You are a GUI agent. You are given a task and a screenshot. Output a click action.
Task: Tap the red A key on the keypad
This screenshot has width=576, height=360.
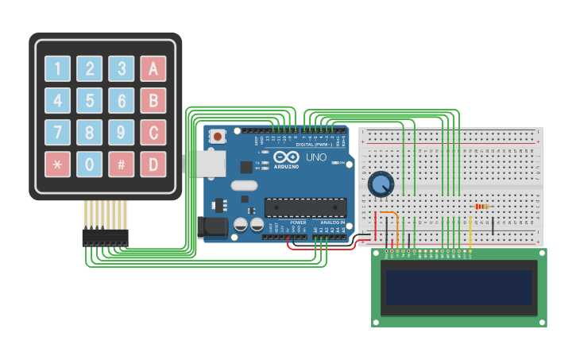153,68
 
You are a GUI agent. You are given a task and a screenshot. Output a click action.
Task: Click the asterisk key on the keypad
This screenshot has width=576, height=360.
57,164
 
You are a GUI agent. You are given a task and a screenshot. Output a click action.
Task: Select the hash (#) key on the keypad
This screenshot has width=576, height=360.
121,164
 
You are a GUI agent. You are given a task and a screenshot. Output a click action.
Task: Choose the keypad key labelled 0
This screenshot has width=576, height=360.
89,164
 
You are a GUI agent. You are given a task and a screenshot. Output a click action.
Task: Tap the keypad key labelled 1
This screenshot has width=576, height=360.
57,68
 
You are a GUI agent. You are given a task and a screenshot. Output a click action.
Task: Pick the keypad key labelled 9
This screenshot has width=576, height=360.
121,132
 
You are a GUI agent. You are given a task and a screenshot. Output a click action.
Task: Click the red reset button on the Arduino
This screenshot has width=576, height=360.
217,137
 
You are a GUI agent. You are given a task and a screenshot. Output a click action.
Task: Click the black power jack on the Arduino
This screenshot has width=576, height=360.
215,227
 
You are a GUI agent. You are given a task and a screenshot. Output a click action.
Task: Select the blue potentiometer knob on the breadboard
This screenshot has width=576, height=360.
381,184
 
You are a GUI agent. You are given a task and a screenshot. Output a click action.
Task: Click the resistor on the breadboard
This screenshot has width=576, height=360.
482,207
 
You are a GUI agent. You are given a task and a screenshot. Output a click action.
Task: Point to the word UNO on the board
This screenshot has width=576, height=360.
316,157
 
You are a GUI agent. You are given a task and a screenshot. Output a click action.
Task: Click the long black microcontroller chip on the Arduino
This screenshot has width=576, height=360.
305,207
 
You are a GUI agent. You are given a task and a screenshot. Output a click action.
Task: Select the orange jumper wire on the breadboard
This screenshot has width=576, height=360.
391,218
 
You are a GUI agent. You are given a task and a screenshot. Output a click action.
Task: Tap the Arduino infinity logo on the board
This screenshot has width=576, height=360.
286,157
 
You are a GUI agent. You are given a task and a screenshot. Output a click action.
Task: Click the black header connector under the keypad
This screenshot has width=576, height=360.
105,237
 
